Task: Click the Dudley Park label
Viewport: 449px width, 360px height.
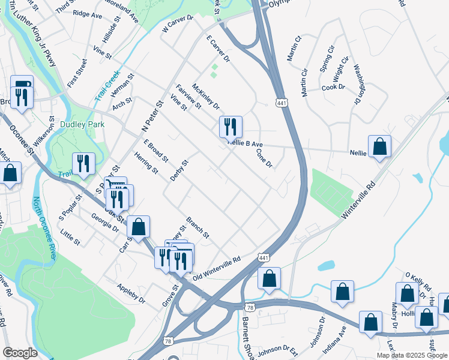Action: tap(82, 124)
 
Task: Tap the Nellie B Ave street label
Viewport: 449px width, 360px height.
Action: tap(246, 145)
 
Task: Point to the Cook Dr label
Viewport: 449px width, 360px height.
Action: tap(333, 87)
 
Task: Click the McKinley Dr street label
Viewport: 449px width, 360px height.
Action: tap(206, 96)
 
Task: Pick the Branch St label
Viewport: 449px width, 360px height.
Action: tap(197, 227)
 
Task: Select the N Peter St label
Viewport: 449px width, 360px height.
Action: tap(152, 116)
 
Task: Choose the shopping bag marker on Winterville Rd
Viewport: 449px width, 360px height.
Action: tap(379, 148)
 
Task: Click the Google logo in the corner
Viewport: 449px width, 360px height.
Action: tap(20, 353)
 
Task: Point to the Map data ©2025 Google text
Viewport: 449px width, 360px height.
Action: tap(412, 355)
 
